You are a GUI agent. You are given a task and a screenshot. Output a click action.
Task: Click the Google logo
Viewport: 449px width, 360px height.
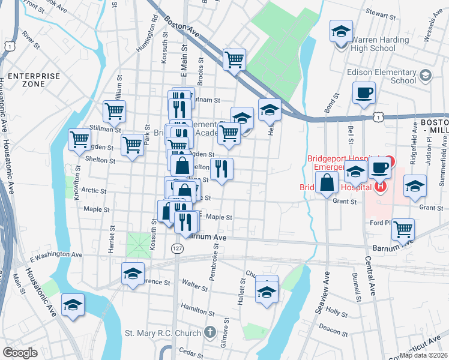[20, 353]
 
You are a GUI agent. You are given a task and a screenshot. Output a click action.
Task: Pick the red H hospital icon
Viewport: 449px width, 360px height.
[379, 187]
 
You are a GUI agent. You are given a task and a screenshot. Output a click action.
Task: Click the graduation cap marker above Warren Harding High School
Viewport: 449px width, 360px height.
[341, 31]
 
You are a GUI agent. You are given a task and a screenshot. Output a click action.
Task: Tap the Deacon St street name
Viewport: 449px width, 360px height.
[330, 328]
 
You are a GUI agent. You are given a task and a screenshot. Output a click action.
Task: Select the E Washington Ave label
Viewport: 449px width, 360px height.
[56, 255]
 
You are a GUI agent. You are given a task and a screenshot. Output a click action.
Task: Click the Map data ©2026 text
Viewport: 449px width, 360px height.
[423, 355]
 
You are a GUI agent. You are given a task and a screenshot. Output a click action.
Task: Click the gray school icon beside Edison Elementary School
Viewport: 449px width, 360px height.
[426, 76]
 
